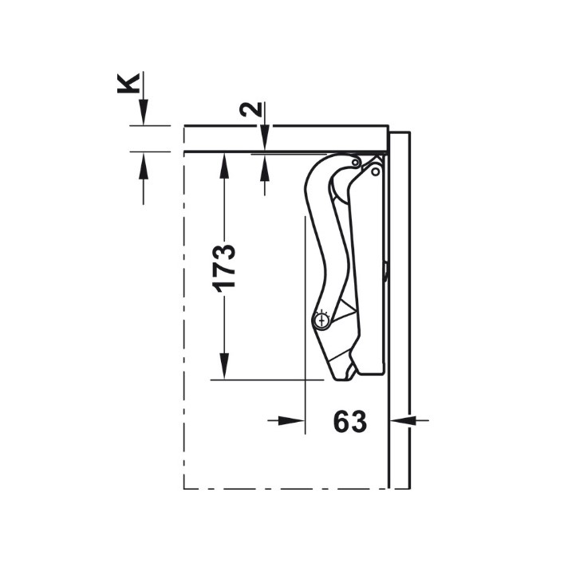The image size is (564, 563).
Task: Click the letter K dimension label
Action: pyautogui.click(x=128, y=84)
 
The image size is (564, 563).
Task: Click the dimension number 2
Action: pyautogui.click(x=250, y=109)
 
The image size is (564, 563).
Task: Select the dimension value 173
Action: pyautogui.click(x=223, y=268)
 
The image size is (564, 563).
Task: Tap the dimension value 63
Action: pyautogui.click(x=350, y=421)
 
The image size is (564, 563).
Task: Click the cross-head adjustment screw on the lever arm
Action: pyautogui.click(x=321, y=320)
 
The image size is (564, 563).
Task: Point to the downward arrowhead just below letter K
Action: pyautogui.click(x=144, y=112)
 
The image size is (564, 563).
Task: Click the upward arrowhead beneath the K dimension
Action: pyautogui.click(x=144, y=165)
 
